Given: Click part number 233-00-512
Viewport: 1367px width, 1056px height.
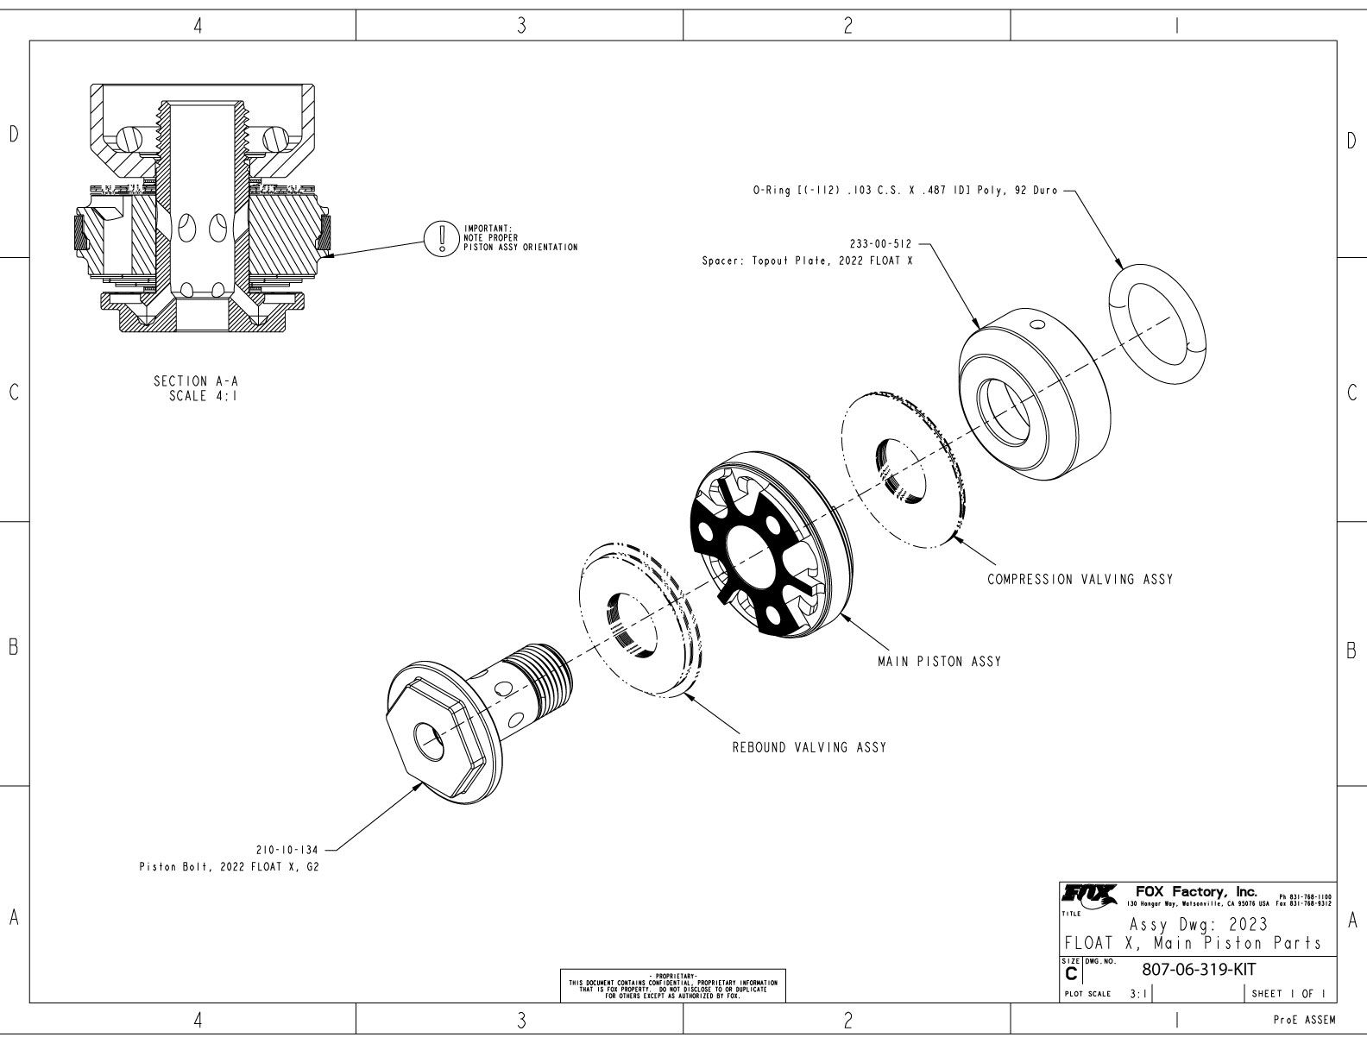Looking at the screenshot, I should pyautogui.click(x=880, y=243).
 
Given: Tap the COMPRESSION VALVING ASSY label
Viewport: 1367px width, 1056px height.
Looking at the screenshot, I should pyautogui.click(x=1080, y=579).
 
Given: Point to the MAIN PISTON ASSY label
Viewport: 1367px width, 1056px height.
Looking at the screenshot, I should pyautogui.click(x=939, y=662).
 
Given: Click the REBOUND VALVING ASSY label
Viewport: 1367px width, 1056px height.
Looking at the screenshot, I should pyautogui.click(x=809, y=747).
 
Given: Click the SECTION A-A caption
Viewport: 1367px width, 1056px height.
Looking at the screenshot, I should pyautogui.click(x=193, y=380).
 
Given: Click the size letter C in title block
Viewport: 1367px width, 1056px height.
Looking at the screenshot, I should pyautogui.click(x=1072, y=974).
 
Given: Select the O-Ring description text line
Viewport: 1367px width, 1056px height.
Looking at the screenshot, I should pyautogui.click(x=904, y=191).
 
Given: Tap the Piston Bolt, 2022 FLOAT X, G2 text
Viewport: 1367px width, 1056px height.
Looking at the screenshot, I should pyautogui.click(x=229, y=866).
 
